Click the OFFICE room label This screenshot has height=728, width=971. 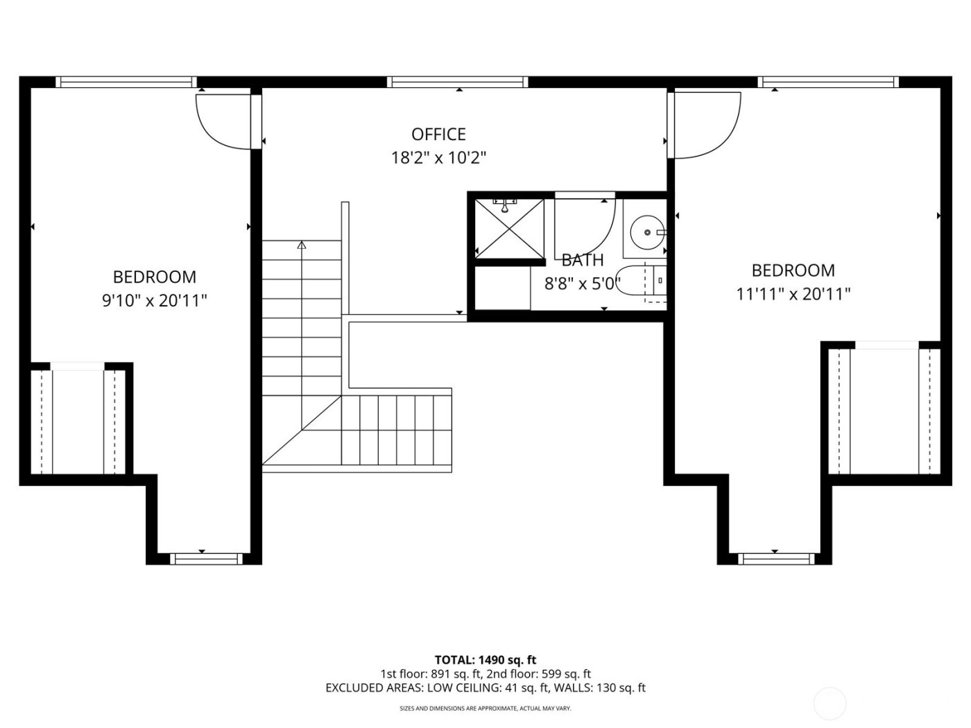point(438,134)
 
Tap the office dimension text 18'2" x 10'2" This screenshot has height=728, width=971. point(438,158)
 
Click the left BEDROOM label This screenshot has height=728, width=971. point(154,277)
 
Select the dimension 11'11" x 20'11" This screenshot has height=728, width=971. point(793,295)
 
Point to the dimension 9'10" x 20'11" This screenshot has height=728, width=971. point(154,301)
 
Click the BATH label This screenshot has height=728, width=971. point(582,261)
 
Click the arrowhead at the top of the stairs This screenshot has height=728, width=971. point(301,245)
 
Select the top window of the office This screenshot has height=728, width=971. point(458,82)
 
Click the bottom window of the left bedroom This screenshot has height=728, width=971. point(203,558)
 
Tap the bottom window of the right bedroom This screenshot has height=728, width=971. point(775,558)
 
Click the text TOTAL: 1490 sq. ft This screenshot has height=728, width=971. point(485,660)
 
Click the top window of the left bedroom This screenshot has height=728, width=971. point(125,82)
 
